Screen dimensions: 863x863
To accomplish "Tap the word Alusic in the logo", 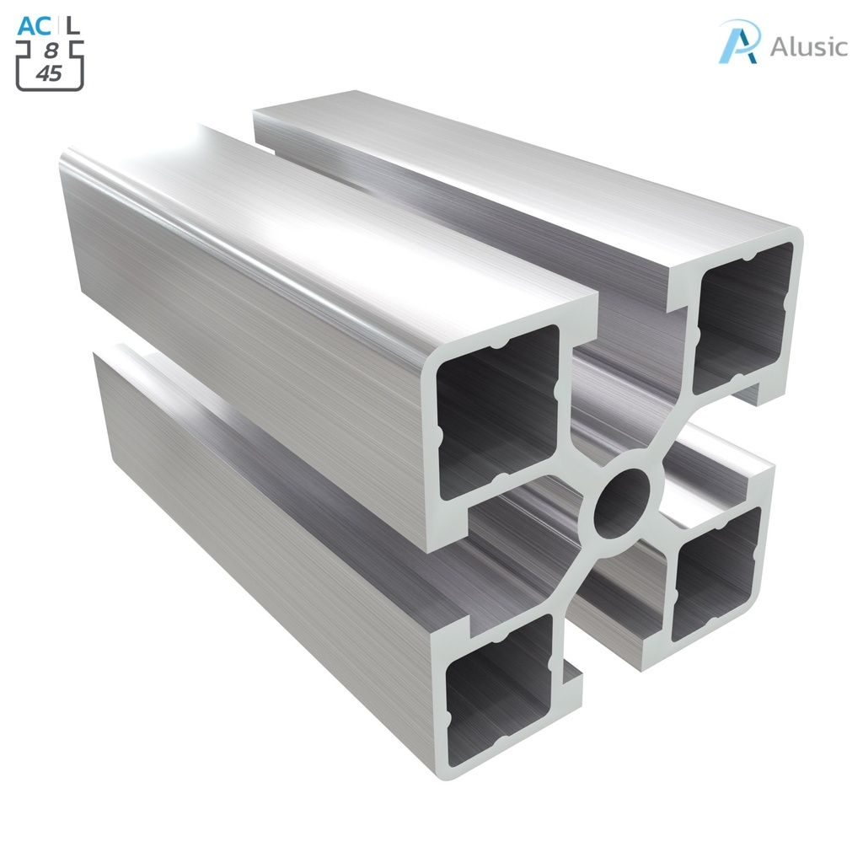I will (x=807, y=46).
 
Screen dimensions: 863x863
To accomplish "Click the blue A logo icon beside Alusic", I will (x=738, y=42).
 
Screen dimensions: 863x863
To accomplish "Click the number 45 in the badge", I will (x=50, y=73).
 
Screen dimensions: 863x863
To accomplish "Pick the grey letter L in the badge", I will (x=74, y=26).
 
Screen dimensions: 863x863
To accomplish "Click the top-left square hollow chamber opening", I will (x=497, y=413).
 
